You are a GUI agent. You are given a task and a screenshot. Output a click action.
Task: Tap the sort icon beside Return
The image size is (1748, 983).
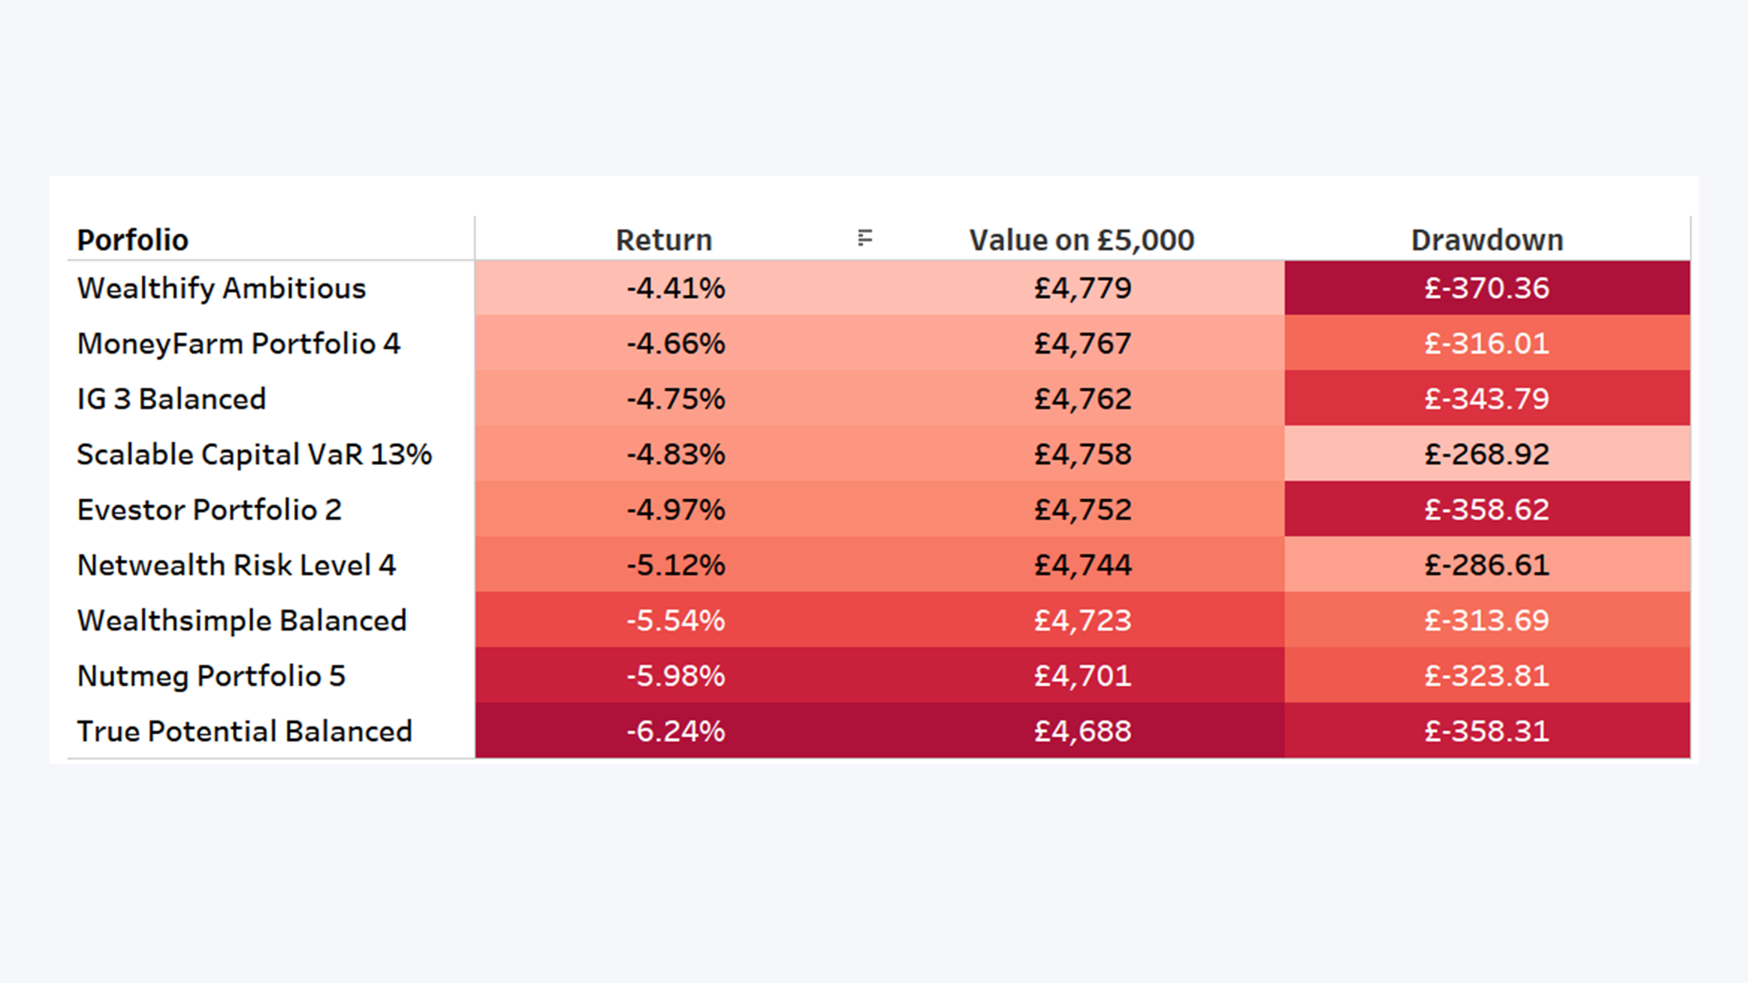[x=864, y=238]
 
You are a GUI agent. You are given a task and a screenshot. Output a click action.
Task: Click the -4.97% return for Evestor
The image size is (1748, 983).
[x=676, y=510]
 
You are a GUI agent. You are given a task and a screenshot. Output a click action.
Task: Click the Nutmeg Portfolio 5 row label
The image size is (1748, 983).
[x=211, y=676]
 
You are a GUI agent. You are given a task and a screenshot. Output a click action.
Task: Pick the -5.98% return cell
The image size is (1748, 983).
[x=676, y=676]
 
